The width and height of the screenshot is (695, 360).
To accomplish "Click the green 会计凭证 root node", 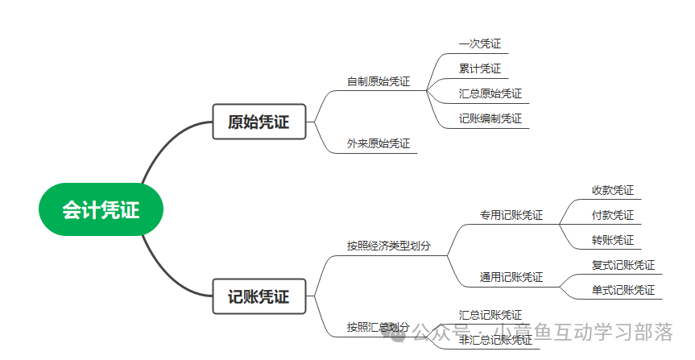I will [101, 210].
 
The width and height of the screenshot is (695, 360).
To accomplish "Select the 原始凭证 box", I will [259, 122].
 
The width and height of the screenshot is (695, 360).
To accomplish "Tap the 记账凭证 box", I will [259, 296].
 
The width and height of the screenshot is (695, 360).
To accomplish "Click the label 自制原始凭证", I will [379, 81].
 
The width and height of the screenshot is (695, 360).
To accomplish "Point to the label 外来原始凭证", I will [379, 143].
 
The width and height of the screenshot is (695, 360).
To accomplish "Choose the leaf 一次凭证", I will [480, 44].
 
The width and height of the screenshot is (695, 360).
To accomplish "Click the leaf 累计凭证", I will [480, 68].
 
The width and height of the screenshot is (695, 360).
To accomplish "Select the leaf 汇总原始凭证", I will [490, 93].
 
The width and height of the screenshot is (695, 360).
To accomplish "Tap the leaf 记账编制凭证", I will [490, 118].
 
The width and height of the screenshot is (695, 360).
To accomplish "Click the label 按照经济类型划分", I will [389, 246].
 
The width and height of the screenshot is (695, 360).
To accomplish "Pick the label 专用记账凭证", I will [511, 215].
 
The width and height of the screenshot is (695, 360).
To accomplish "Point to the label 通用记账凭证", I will [511, 277].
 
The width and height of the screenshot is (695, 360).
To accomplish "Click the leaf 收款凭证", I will [613, 191].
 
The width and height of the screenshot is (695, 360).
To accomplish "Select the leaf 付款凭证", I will [613, 215].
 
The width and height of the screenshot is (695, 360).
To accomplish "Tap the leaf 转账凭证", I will [613, 240].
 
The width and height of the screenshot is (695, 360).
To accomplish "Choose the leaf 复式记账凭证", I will [623, 265].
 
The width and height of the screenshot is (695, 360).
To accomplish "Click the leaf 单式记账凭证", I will [623, 290].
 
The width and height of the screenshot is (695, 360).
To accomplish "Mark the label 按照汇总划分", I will [379, 327].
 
